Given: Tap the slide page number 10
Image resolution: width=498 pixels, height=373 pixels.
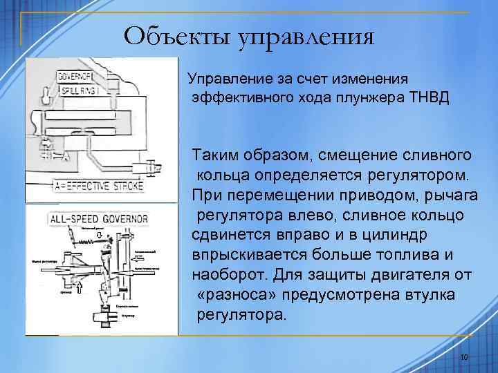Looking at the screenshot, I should pyautogui.click(x=464, y=357).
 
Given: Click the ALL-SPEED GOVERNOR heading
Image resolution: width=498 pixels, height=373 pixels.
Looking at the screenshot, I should pyautogui.click(x=98, y=219).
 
